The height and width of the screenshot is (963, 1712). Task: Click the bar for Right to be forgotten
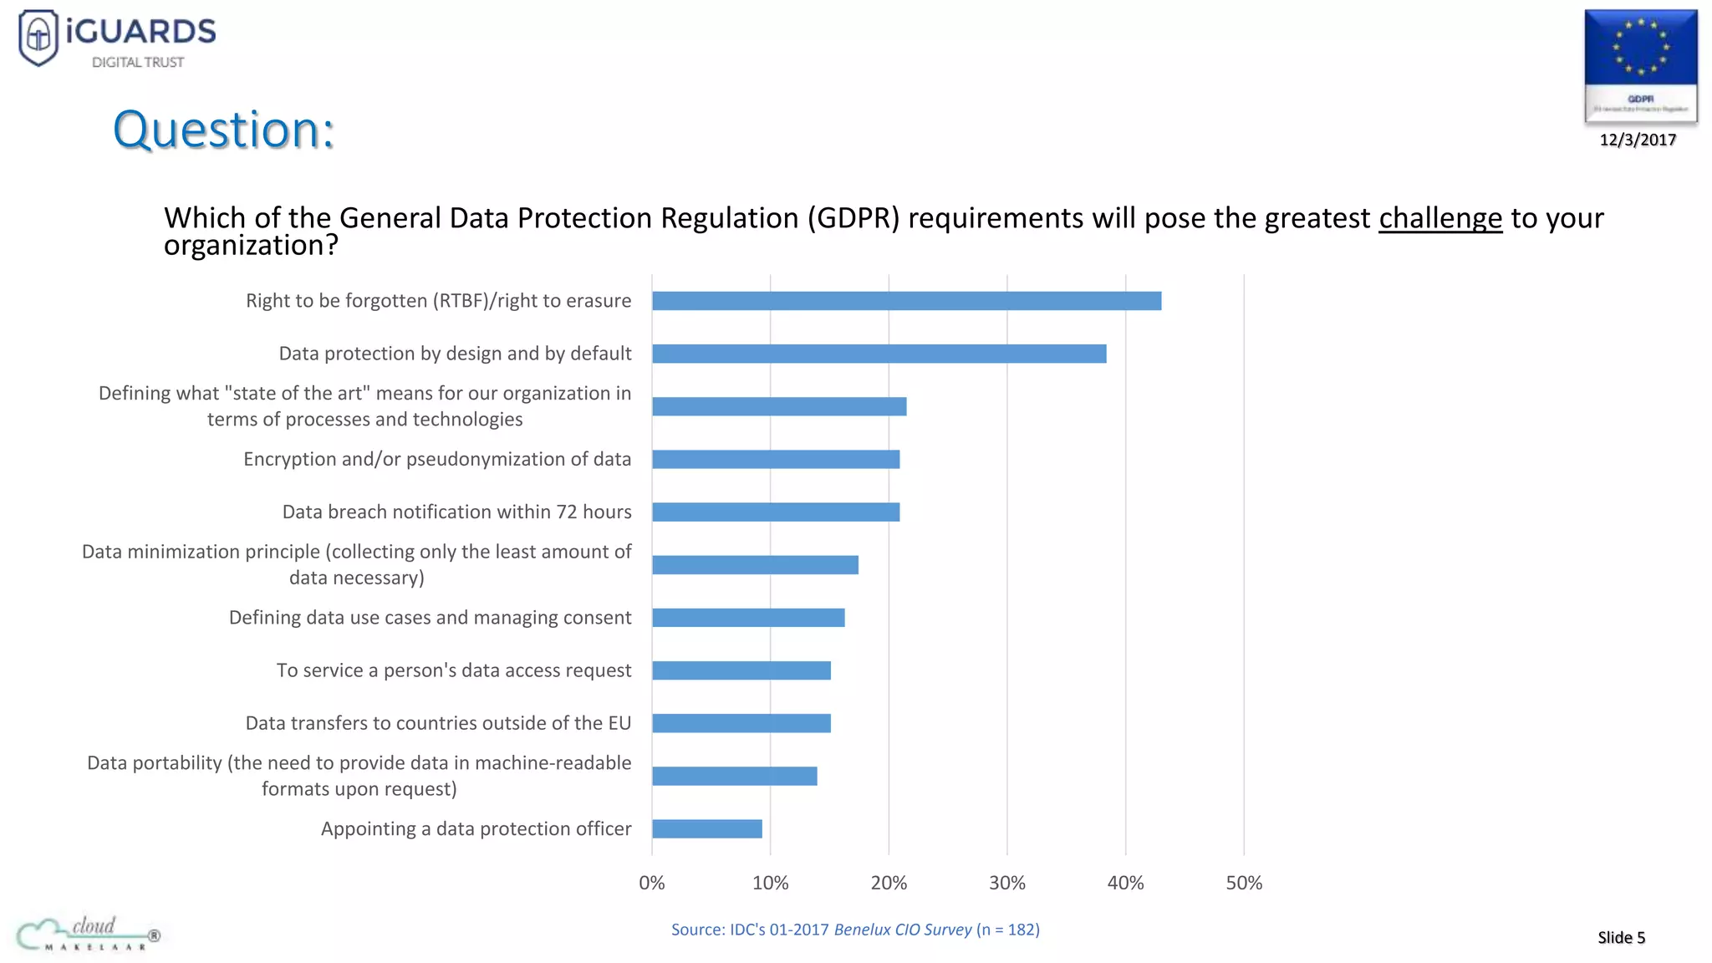(x=906, y=301)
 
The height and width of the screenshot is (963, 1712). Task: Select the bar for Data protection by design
(x=879, y=354)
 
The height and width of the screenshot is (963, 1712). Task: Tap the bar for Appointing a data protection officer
(x=706, y=828)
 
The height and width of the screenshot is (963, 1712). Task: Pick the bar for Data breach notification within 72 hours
(x=776, y=512)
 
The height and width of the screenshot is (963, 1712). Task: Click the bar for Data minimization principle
(x=755, y=565)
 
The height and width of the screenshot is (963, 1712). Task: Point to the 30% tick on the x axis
(x=1006, y=883)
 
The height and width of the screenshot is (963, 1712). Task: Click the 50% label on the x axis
(x=1243, y=883)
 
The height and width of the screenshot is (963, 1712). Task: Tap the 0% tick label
(x=651, y=883)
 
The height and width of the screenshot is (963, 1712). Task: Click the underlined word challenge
(x=1439, y=218)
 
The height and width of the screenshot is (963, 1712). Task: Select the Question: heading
(x=223, y=130)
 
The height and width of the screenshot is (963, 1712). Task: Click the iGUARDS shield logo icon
(x=38, y=37)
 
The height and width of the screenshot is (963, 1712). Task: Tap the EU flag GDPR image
(x=1640, y=65)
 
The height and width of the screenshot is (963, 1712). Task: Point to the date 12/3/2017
(x=1638, y=140)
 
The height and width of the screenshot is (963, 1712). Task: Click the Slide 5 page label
(x=1621, y=937)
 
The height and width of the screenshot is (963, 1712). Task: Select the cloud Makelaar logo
(x=88, y=933)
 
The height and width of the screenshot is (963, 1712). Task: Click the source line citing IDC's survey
(x=855, y=930)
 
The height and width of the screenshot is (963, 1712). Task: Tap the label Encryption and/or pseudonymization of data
(x=437, y=459)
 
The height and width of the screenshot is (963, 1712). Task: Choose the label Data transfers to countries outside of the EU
(x=438, y=723)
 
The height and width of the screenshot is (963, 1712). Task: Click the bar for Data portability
(x=734, y=776)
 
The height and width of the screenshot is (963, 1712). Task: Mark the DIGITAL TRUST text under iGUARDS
(x=138, y=63)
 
